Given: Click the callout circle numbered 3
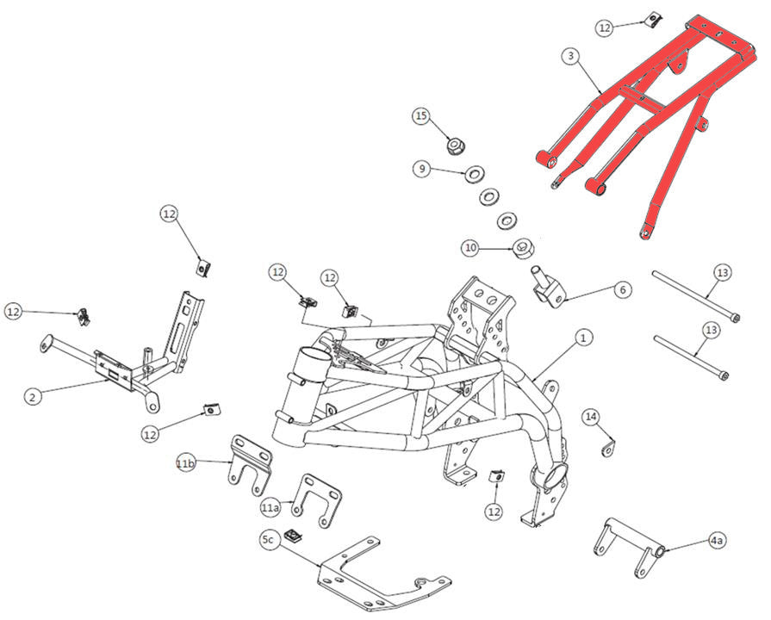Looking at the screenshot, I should [x=570, y=57].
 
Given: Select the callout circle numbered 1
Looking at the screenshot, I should [x=583, y=337].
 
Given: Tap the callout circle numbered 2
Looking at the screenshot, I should [x=33, y=397].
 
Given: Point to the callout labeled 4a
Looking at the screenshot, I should [x=717, y=541].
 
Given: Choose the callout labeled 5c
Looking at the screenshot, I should [x=268, y=540].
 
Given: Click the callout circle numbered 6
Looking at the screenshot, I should [x=622, y=290].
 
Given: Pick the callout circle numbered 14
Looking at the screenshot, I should [x=591, y=418].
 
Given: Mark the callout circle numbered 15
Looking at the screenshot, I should [x=420, y=115].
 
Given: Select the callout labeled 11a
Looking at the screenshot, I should [x=270, y=507].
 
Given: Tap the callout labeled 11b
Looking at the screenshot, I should [x=186, y=464].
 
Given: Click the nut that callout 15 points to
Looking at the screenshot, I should [x=454, y=146].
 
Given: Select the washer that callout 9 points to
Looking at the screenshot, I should [x=474, y=176].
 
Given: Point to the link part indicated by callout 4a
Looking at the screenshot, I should [x=628, y=548].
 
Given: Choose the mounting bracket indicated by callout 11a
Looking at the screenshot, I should [x=316, y=499].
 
